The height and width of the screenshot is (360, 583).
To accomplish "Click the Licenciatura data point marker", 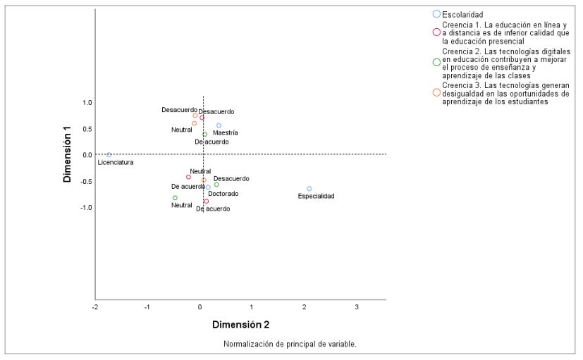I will point(109,154).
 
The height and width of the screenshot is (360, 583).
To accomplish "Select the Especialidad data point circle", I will point(309,189).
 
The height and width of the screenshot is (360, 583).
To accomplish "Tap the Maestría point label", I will point(226,132).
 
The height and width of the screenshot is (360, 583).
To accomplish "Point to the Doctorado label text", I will point(223,193).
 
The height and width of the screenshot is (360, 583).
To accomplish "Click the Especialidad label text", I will point(316,197).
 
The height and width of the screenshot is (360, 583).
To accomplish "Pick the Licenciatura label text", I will point(116,162).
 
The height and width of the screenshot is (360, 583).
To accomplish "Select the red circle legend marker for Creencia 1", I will point(436,32).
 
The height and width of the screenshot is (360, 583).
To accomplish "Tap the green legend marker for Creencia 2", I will point(436,62).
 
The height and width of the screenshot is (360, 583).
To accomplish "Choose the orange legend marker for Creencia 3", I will point(436,93).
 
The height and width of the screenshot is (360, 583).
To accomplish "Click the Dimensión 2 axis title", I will point(240,325).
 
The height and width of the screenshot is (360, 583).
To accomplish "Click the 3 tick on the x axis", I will point(357,307).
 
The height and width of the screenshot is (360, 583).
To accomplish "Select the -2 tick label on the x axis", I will point(95,307).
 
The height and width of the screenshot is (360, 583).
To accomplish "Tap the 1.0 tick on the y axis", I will point(87,102).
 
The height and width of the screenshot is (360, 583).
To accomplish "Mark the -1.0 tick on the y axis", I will point(85,208).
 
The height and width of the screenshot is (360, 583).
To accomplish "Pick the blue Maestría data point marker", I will point(219,125).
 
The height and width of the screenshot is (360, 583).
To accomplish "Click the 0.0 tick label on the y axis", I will point(87,155).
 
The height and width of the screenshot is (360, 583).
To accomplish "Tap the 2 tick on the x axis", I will point(305,307).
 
